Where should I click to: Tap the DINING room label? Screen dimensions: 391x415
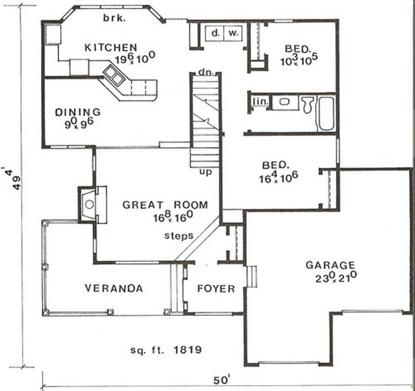click(x=77, y=112)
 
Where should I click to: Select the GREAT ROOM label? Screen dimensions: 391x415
click(x=164, y=205)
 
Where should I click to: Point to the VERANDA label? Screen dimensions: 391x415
click(x=114, y=288)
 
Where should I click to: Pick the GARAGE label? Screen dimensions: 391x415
click(x=330, y=265)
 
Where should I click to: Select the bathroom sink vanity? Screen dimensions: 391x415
click(x=283, y=102)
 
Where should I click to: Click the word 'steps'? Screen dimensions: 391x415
click(x=179, y=236)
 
